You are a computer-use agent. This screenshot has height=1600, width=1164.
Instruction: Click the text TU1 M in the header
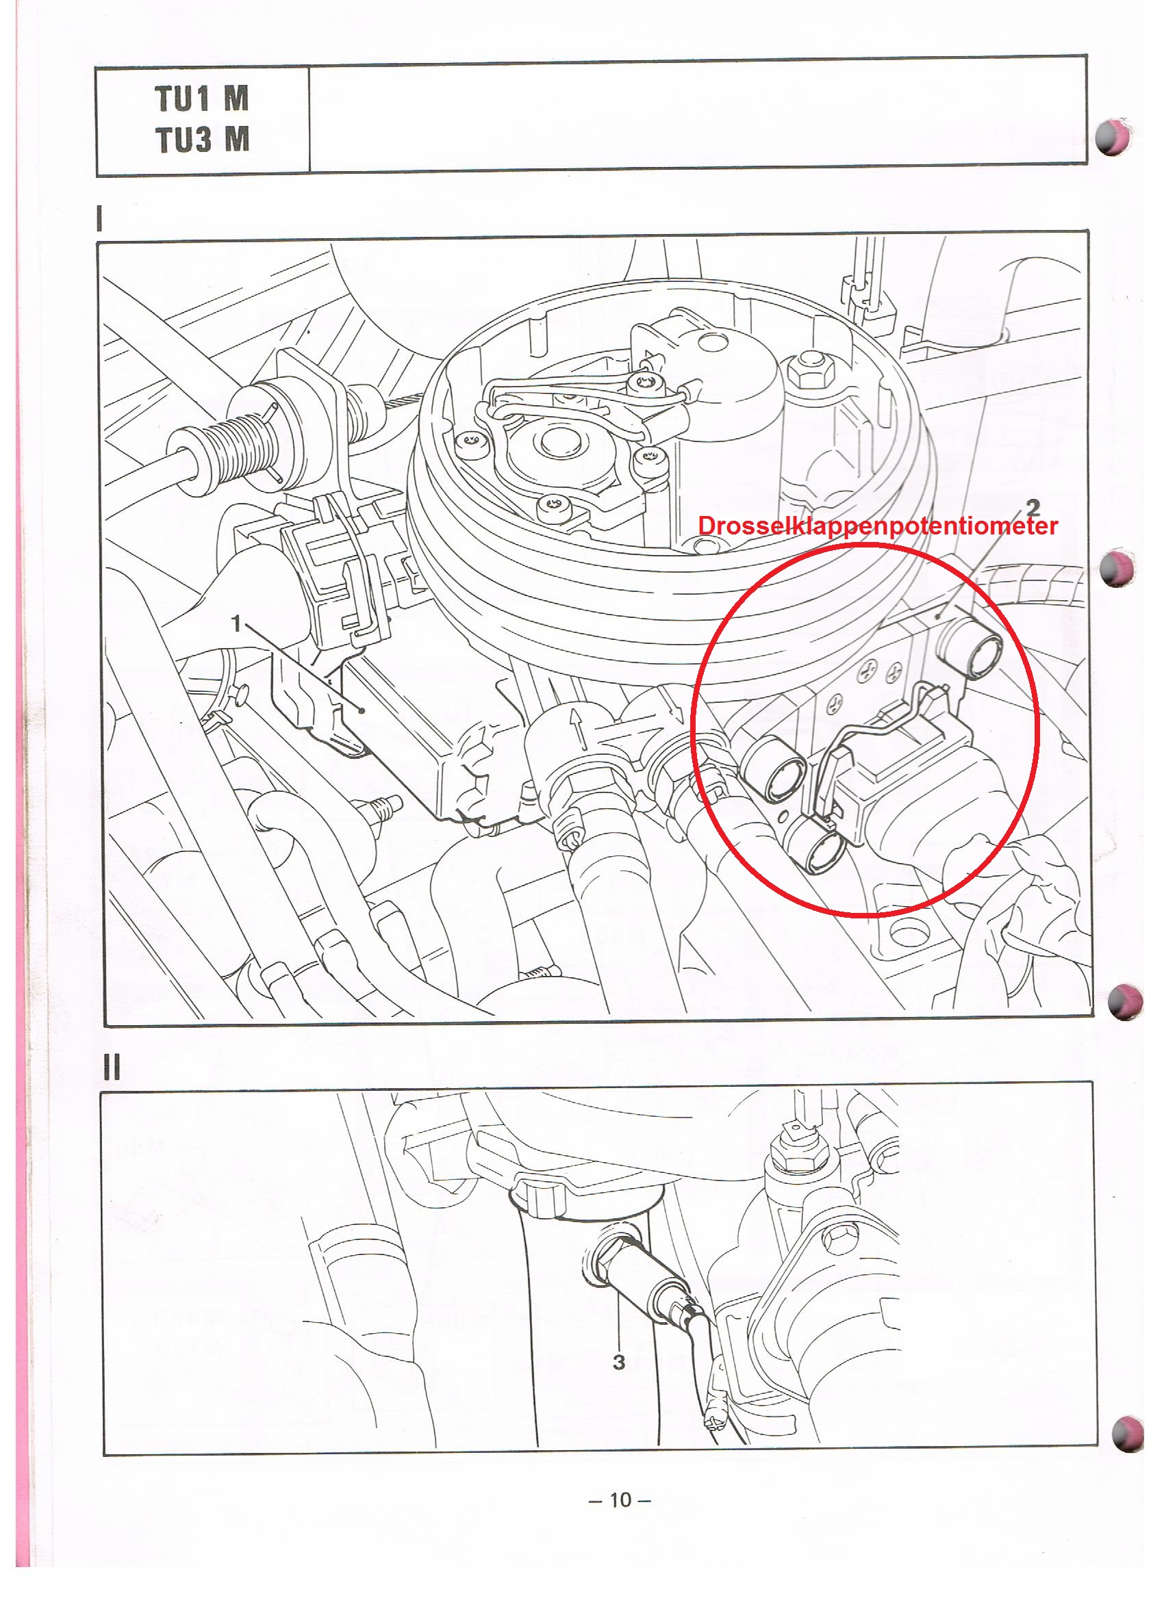point(202,98)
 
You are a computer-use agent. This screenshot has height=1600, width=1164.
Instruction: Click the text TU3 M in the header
point(202,139)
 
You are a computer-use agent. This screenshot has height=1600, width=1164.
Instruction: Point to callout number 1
point(237,623)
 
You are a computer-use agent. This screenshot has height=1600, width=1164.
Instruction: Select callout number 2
point(1033,507)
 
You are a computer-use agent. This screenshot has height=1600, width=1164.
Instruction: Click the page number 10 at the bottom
point(620,1499)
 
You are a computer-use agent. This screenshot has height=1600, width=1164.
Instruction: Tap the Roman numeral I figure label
point(99,218)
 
